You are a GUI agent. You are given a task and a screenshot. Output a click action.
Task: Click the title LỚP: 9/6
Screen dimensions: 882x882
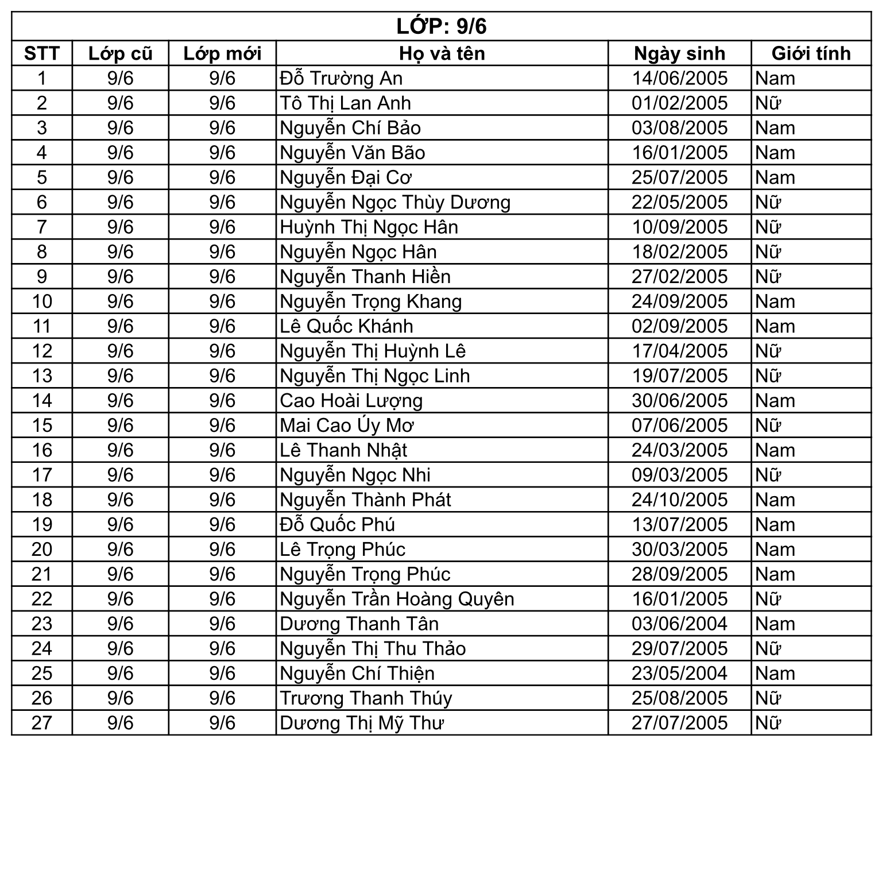(441, 26)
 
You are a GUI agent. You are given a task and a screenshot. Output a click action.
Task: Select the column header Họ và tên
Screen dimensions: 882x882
(442, 53)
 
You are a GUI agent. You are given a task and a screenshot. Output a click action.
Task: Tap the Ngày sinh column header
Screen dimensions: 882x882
(679, 53)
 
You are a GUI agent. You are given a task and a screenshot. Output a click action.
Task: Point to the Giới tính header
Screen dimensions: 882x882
(811, 53)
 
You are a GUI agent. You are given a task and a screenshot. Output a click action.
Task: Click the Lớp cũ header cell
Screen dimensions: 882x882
(120, 53)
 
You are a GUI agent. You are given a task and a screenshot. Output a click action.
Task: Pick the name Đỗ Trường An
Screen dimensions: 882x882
(341, 78)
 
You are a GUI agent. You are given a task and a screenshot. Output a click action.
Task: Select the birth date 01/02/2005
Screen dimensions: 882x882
(679, 103)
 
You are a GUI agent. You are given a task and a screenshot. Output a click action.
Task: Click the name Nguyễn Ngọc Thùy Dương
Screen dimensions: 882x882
(395, 203)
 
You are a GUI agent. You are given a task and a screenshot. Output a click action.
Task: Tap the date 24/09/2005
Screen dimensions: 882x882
(679, 301)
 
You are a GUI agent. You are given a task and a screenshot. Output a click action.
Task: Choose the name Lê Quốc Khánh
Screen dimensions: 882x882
(346, 326)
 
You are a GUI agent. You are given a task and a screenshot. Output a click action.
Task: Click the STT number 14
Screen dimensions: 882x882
(42, 401)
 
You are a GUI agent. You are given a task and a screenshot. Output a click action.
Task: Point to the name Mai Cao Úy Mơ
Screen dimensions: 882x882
(347, 425)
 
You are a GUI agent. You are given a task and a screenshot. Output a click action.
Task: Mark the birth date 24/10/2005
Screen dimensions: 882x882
(679, 500)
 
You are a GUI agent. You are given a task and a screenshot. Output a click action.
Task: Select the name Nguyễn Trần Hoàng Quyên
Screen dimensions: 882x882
(397, 599)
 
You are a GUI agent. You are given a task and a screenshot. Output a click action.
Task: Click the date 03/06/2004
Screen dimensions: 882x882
(679, 624)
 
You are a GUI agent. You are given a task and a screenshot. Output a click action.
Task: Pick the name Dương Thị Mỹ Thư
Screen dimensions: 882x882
(362, 723)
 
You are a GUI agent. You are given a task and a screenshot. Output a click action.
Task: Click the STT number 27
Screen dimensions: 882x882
(42, 723)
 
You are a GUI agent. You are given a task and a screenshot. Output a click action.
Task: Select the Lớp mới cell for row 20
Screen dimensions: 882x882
(222, 550)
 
